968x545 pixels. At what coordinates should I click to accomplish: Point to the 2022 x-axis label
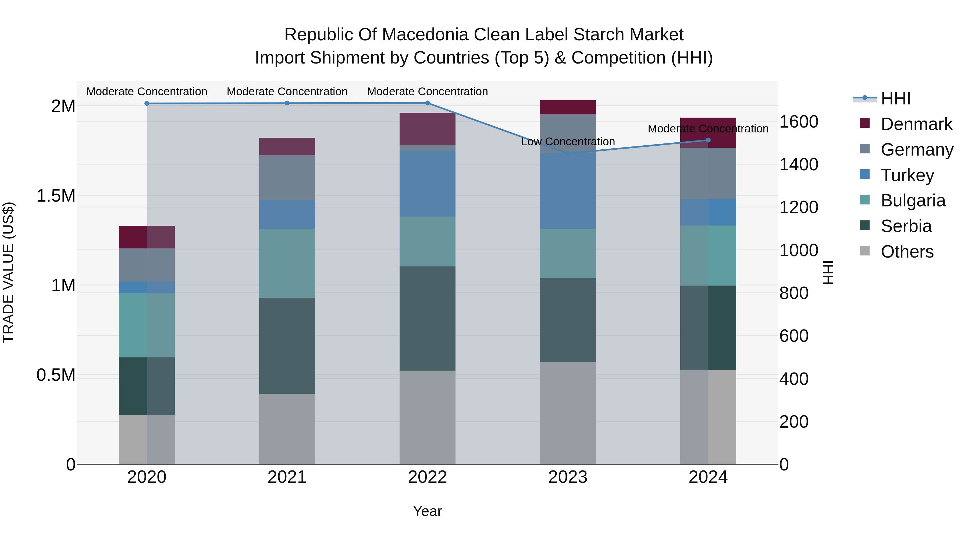tap(427, 477)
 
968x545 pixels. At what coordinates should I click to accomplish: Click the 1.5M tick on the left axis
tap(56, 196)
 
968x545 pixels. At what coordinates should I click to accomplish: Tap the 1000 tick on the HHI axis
tap(799, 250)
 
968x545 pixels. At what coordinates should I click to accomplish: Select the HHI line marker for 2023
tap(568, 153)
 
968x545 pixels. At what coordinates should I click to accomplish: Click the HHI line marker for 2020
tap(147, 103)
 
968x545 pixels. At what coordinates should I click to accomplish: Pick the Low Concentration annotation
tap(568, 142)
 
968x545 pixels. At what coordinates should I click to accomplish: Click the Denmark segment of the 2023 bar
tap(568, 107)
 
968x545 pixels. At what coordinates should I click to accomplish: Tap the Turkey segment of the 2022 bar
tap(427, 184)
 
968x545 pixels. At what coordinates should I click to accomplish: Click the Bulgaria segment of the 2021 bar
tap(287, 263)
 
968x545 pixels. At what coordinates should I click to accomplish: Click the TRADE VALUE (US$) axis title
tap(8, 272)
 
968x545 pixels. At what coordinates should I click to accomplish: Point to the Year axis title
tap(427, 511)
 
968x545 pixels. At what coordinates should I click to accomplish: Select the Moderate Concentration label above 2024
tap(708, 129)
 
